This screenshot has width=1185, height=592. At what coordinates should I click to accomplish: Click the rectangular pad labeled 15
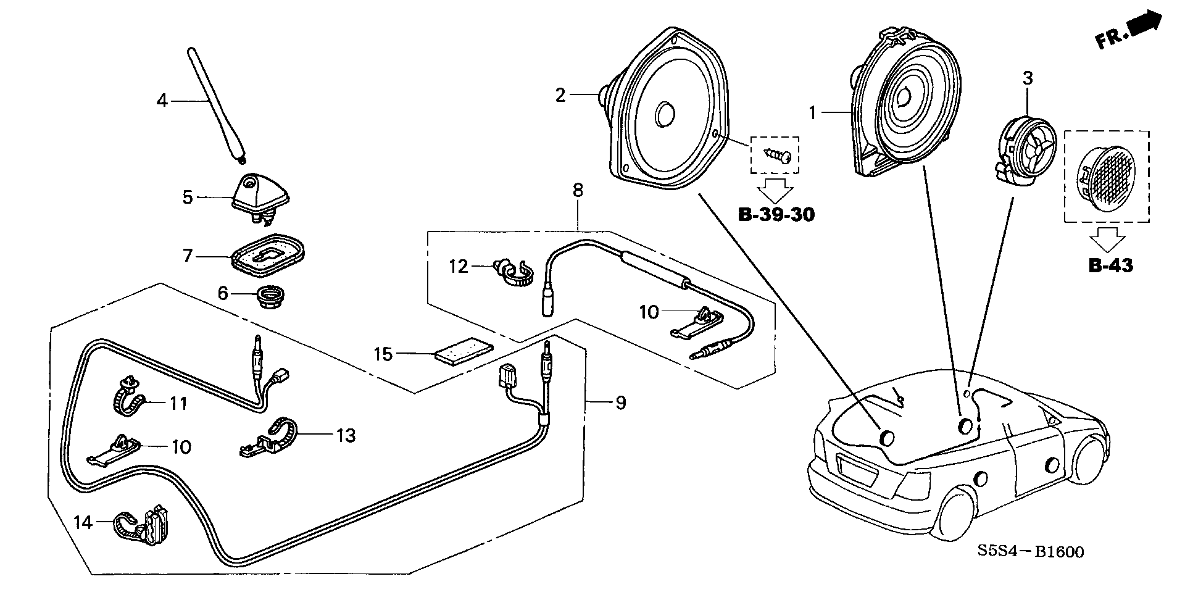pos(464,352)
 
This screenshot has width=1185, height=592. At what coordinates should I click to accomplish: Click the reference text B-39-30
pos(776,215)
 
